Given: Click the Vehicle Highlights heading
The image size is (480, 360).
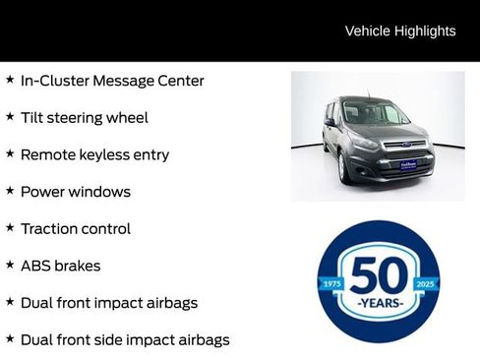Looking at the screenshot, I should pyautogui.click(x=400, y=30).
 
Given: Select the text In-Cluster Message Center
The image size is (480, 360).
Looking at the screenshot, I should pyautogui.click(x=112, y=81).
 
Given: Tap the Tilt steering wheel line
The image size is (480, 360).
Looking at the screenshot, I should pyautogui.click(x=85, y=118).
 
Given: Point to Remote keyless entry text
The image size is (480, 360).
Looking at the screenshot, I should pyautogui.click(x=94, y=154).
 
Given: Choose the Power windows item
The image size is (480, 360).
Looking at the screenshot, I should pyautogui.click(x=76, y=192).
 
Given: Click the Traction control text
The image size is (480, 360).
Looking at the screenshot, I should pyautogui.click(x=76, y=228).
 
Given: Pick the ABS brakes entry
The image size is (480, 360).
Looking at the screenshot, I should pyautogui.click(x=61, y=266).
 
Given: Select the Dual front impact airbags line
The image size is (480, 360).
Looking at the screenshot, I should pyautogui.click(x=109, y=302).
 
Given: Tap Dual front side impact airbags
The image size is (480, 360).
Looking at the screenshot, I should pyautogui.click(x=125, y=339).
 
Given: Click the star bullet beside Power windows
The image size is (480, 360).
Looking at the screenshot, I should pyautogui.click(x=10, y=191).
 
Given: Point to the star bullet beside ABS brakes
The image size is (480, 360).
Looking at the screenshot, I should pyautogui.click(x=10, y=265).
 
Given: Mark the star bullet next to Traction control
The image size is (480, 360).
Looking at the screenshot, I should pyautogui.click(x=10, y=227).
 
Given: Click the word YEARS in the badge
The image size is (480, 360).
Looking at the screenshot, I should pyautogui.click(x=379, y=303).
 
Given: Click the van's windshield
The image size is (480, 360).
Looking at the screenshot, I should pyautogui.click(x=369, y=114).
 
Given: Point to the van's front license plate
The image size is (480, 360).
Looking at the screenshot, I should pyautogui.click(x=408, y=165).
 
